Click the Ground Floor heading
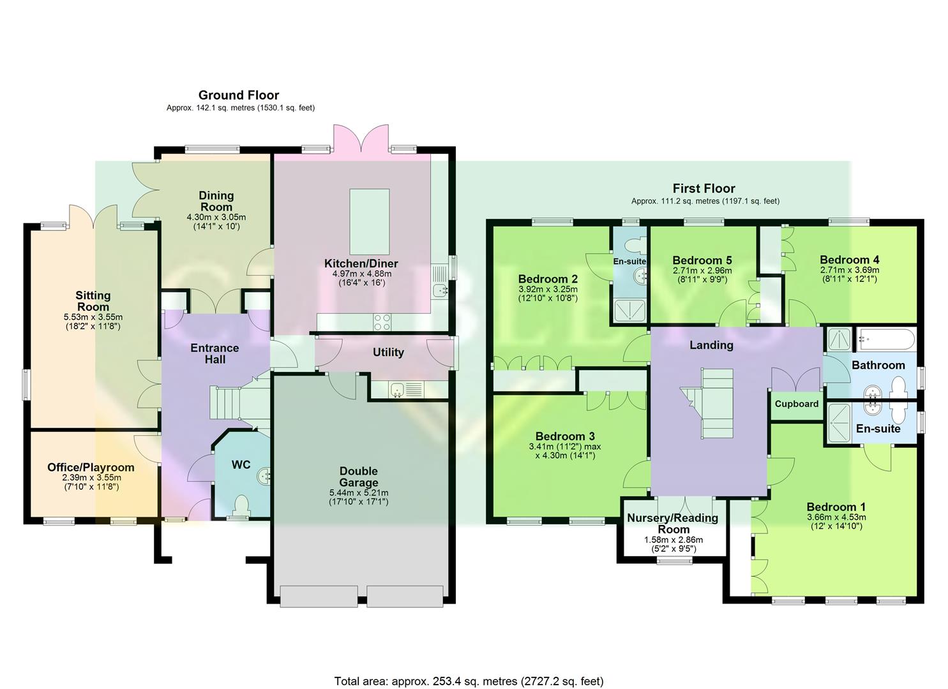239,96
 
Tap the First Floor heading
703,188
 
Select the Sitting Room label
93,301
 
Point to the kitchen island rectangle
370,221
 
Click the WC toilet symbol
241,506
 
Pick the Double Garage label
359,477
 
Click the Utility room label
388,352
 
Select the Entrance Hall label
214,353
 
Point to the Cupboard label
796,404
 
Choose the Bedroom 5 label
702,260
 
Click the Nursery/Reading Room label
673,523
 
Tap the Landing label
711,345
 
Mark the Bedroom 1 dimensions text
836,522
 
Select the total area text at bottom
469,681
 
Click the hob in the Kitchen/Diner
382,323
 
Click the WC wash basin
264,475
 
